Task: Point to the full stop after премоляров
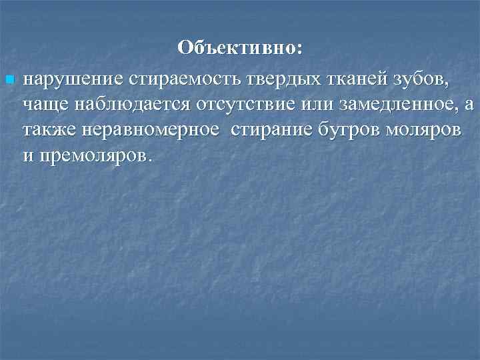[x=151, y=158]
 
